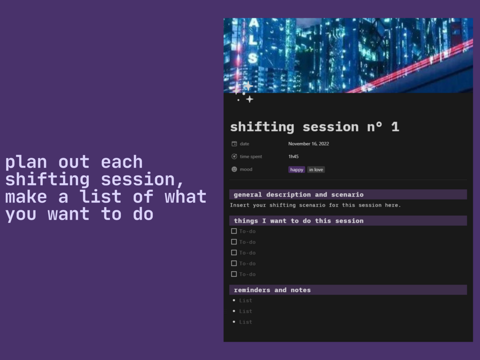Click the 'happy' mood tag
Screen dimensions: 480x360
297,169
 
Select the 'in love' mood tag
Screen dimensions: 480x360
316,169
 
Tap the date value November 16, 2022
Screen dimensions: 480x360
309,144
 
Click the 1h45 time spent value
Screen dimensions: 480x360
294,157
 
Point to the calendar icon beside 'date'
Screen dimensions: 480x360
234,144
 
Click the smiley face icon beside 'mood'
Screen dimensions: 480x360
234,169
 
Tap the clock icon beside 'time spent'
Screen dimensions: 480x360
234,157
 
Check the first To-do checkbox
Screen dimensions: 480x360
234,231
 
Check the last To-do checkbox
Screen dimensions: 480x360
234,274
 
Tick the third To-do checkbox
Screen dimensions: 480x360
234,253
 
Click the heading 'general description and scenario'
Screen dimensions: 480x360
299,195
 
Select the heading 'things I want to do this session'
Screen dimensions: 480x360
299,221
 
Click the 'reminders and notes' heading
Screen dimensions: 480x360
272,290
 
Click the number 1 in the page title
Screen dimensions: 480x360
395,127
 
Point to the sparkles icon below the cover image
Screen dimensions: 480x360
243,92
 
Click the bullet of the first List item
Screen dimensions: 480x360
234,300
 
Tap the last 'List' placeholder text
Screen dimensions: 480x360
245,322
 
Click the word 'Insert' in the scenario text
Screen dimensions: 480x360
240,205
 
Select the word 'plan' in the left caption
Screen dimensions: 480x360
26,162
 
